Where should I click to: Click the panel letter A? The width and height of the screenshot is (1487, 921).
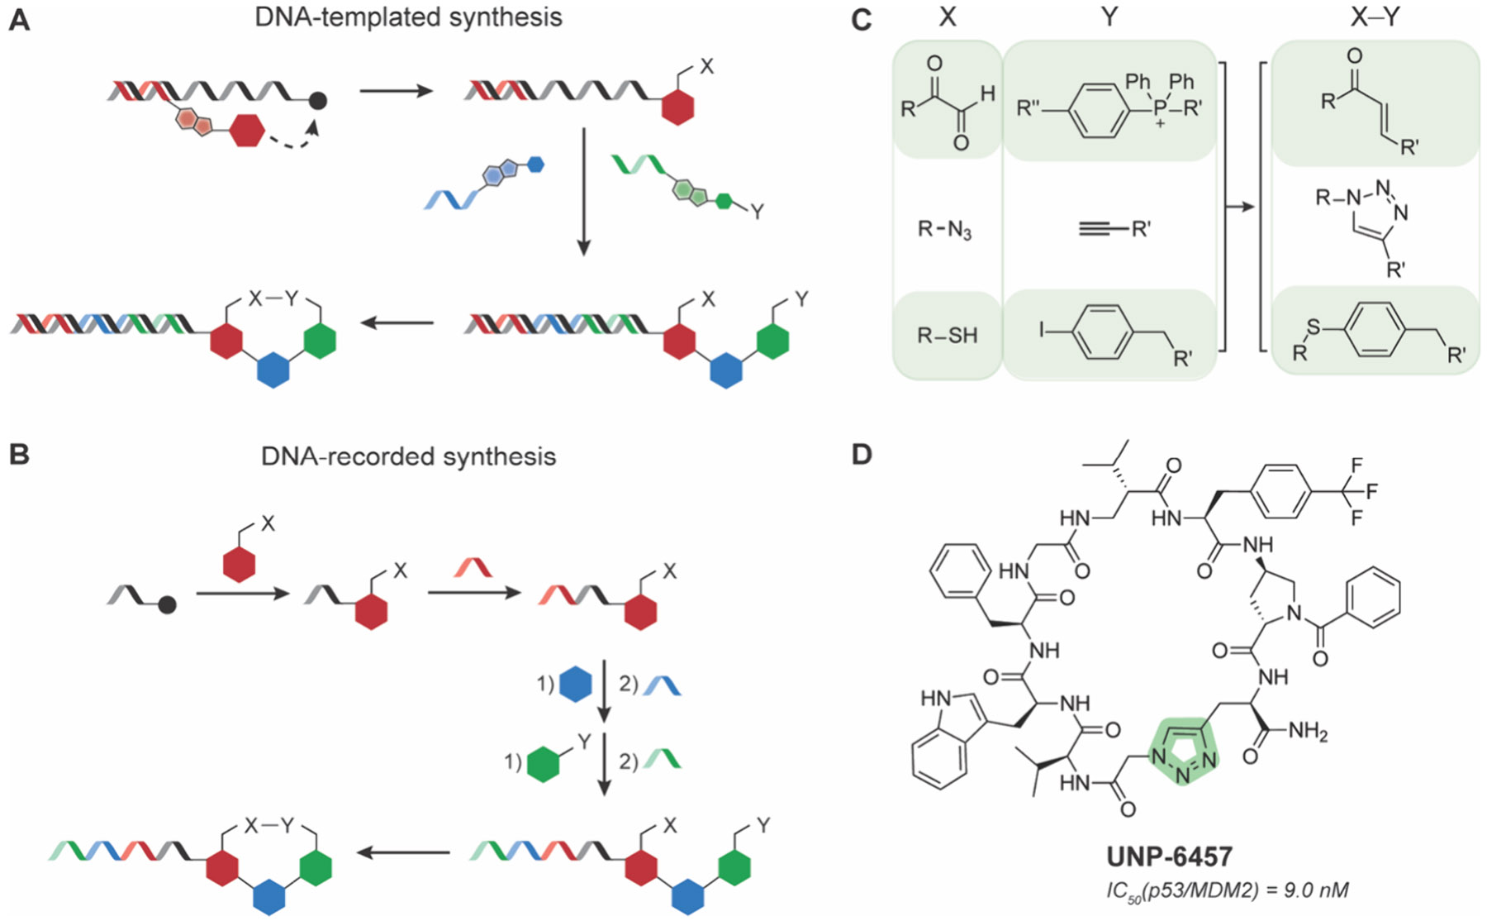pyautogui.click(x=18, y=20)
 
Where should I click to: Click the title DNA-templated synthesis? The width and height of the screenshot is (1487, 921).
pyautogui.click(x=408, y=17)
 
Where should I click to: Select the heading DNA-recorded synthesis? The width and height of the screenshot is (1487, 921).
pyautogui.click(x=408, y=456)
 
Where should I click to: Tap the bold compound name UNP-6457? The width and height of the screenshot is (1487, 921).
pyautogui.click(x=1169, y=857)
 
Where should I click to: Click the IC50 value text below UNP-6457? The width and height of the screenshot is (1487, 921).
pyautogui.click(x=1227, y=890)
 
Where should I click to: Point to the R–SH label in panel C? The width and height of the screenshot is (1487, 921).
pyautogui.click(x=947, y=335)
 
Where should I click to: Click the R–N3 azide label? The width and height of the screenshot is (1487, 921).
pyautogui.click(x=945, y=228)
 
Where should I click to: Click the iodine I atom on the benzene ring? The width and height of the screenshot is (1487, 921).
pyautogui.click(x=1043, y=331)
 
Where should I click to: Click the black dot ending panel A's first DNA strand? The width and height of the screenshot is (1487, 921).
pyautogui.click(x=318, y=100)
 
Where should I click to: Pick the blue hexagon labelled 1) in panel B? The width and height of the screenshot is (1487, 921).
pyautogui.click(x=576, y=685)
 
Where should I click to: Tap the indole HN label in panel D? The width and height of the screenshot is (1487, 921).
pyautogui.click(x=935, y=699)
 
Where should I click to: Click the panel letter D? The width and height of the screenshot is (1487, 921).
pyautogui.click(x=861, y=454)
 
